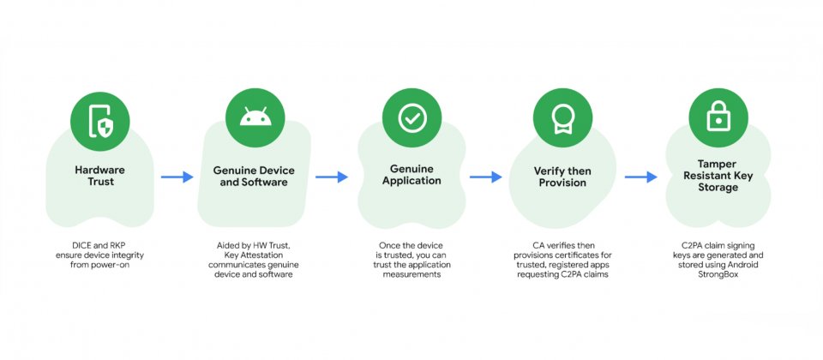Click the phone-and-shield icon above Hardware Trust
pos(99,121)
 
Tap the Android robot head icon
pos(255,118)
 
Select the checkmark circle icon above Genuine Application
pos(411,118)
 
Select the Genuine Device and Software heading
pos(254,177)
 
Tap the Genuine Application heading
pos(411,175)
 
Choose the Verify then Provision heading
pos(562,177)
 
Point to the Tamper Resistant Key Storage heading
pos(718,175)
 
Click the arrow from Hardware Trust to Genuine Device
pos(177,177)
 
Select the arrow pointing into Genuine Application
pos(332,177)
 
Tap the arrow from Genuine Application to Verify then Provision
pos(486,177)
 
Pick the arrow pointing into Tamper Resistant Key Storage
pos(641,177)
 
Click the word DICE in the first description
pos(81,246)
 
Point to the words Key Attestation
pos(254,255)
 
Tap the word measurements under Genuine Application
pos(411,274)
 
